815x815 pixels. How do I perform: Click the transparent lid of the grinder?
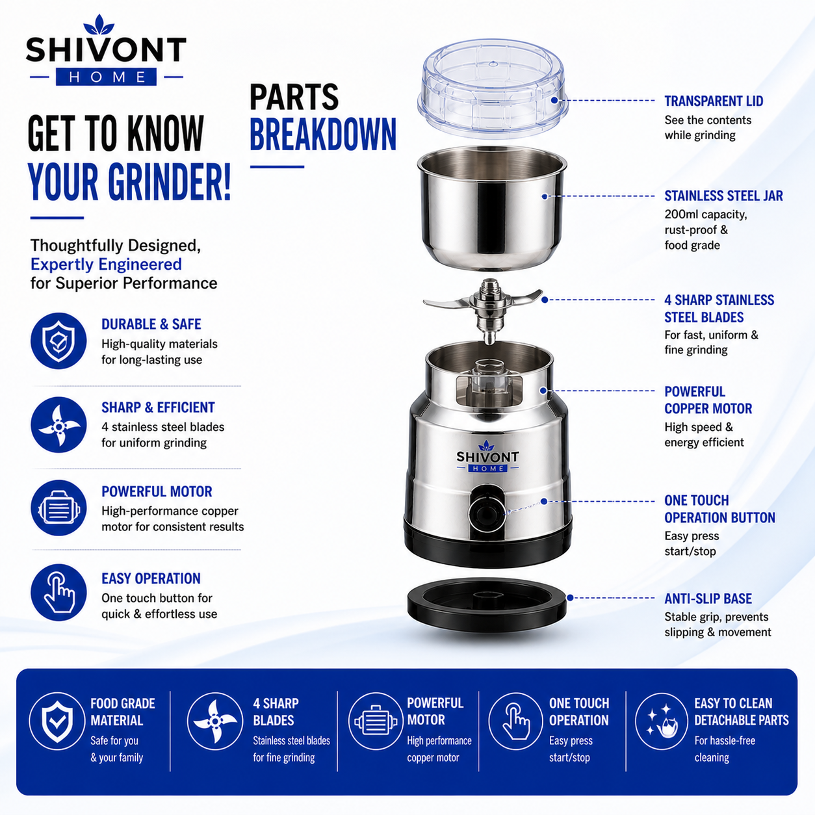(492, 89)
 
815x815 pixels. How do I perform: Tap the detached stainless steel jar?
(492, 209)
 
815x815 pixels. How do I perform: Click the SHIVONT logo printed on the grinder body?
(487, 457)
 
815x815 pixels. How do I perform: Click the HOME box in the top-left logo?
(106, 77)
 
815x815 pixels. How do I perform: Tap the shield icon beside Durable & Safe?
(58, 341)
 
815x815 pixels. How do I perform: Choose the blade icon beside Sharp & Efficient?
(58, 424)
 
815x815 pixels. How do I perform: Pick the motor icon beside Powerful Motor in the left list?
(58, 508)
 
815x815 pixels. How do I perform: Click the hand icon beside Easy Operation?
(58, 592)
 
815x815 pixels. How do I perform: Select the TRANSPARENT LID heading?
(714, 101)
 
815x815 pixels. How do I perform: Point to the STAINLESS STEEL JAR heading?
(723, 196)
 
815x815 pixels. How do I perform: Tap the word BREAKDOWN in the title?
(323, 135)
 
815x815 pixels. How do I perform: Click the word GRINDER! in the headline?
(169, 182)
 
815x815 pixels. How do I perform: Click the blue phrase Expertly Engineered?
(106, 265)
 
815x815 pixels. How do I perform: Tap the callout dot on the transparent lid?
(554, 100)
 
